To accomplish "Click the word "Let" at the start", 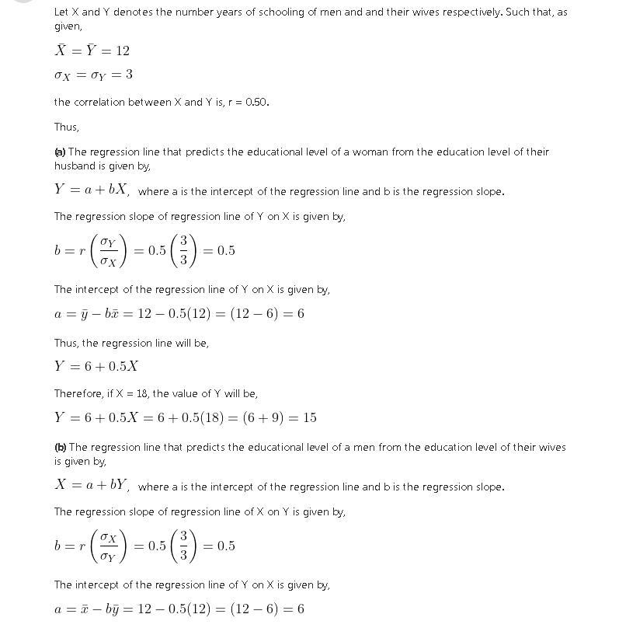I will (x=61, y=12).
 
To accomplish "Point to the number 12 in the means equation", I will (x=122, y=51).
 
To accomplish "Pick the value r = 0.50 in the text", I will (x=248, y=102).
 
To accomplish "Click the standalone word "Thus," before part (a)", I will (x=66, y=127).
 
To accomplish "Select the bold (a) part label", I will (x=60, y=152).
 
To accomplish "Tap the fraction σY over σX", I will (x=108, y=250).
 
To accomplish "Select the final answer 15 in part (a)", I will (x=309, y=417).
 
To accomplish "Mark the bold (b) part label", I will (x=60, y=447).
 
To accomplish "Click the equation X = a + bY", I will (x=92, y=485).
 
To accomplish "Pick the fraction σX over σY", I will (x=108, y=546).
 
